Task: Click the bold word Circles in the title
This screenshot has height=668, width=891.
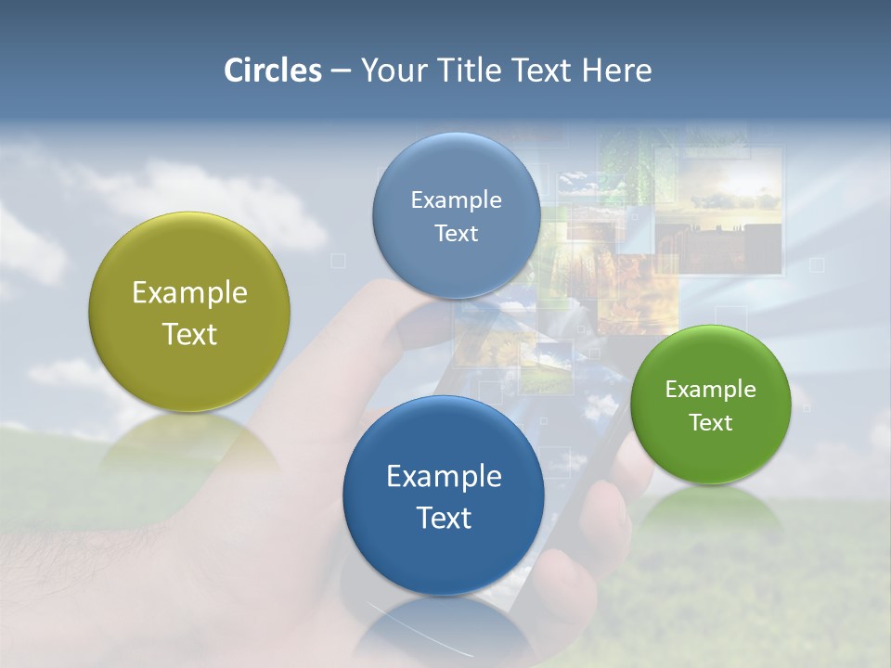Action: (x=272, y=71)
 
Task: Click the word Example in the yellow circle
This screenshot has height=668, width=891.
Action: (x=189, y=293)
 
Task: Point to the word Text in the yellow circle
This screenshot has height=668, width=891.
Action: (x=189, y=334)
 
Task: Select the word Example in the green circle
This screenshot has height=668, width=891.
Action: (x=711, y=390)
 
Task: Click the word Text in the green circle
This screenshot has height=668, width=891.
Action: (x=711, y=423)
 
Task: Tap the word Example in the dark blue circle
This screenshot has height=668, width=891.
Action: (x=444, y=477)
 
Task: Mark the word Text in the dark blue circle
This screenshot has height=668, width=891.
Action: (x=444, y=518)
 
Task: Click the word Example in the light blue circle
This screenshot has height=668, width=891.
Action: (x=456, y=200)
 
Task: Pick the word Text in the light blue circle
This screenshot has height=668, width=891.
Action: (x=456, y=234)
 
